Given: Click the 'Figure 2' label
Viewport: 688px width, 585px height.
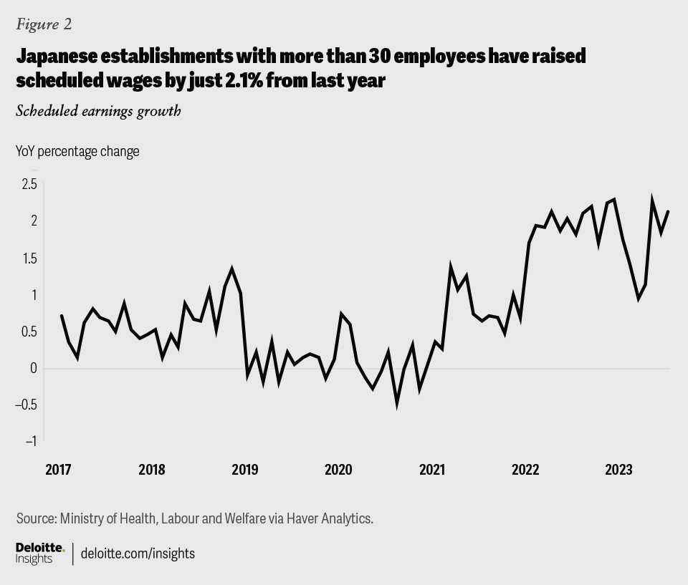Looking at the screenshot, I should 44,24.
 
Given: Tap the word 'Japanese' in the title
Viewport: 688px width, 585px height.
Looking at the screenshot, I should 61,56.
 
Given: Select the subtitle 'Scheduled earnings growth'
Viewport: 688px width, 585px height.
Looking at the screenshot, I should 98,111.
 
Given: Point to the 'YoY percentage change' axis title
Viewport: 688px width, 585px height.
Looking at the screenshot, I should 77,151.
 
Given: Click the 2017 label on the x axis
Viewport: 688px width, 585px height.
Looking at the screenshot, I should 58,470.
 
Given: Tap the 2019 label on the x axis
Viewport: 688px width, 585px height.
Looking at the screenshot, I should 245,470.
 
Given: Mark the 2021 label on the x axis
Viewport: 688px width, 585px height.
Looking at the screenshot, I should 432,470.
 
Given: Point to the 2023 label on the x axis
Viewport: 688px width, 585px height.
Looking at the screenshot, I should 618,470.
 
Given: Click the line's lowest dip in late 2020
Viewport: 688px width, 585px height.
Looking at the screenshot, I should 397,405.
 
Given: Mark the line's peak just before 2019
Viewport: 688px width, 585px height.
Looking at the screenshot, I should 232,269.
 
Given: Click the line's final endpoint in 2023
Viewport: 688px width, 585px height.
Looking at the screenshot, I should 668,211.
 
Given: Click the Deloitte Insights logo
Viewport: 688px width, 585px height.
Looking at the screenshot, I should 39,553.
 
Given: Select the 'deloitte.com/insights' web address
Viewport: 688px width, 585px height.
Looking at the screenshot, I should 138,553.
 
